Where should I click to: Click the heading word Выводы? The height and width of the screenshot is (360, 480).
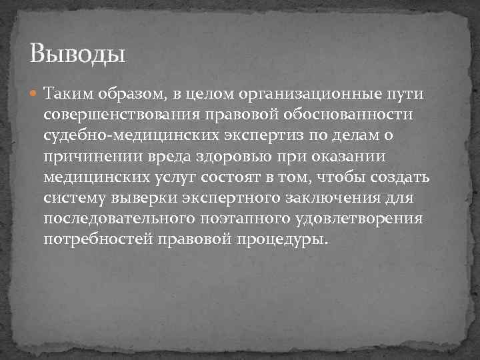pos(78,52)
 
